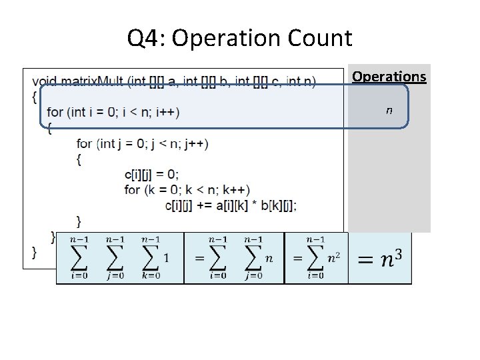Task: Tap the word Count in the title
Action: tap(320, 39)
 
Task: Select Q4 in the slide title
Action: tap(145, 39)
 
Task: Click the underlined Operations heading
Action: tap(389, 77)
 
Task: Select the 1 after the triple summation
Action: tap(165, 258)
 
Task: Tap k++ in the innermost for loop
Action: tap(236, 190)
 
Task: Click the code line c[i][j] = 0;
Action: tap(151, 175)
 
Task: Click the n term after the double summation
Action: tap(269, 258)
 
